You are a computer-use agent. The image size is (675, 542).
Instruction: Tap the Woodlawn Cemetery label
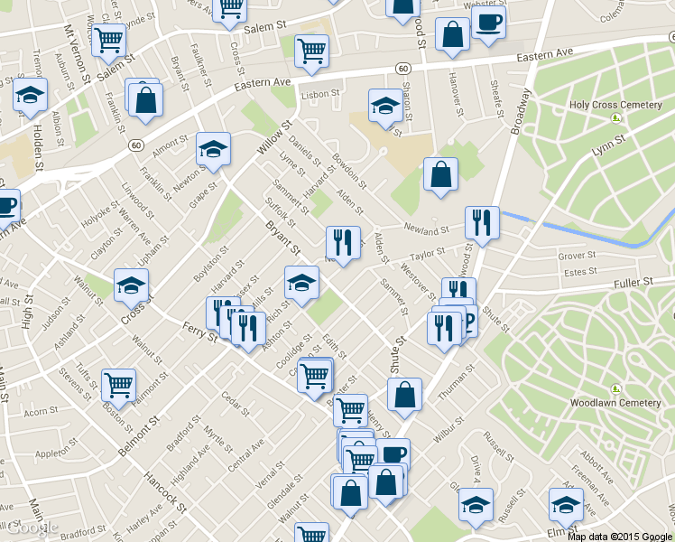pos(615,403)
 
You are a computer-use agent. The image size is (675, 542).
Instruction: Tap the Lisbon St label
pos(320,93)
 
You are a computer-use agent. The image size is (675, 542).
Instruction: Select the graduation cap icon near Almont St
pos(214,148)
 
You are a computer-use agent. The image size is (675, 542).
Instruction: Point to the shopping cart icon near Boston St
pos(118,384)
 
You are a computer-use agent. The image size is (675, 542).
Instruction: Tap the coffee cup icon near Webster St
pos(488,23)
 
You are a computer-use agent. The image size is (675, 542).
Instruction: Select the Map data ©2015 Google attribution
pos(620,536)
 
